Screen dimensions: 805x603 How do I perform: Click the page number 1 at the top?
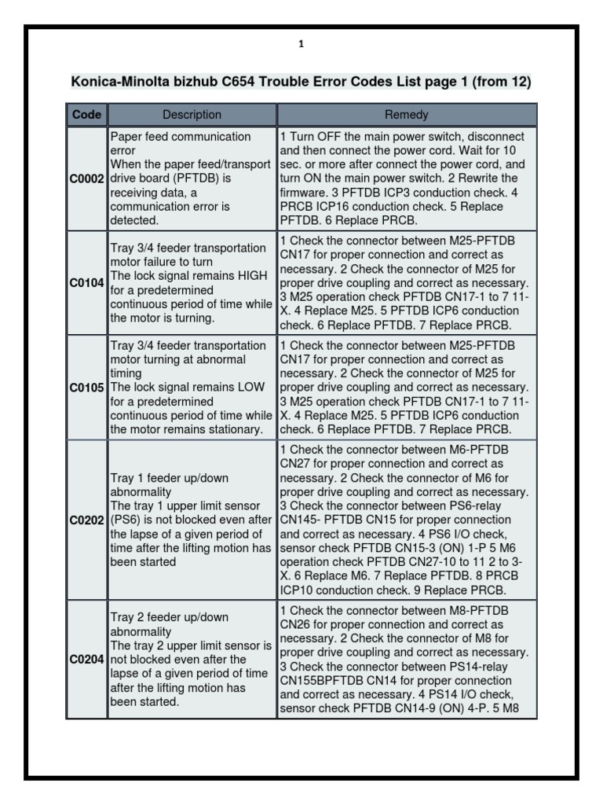point(301,45)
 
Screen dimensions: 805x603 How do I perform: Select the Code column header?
point(86,115)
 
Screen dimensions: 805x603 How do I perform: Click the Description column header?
point(192,115)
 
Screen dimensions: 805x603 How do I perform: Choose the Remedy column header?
point(406,115)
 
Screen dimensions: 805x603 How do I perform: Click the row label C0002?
point(86,178)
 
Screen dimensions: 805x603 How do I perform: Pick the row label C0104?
point(86,282)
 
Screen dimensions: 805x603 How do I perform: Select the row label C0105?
point(86,388)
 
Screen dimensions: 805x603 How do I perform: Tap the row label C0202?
point(86,520)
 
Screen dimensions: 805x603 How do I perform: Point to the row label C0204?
point(86,660)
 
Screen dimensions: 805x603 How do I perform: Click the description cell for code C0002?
point(192,178)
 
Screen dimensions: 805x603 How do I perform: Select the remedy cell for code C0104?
point(406,282)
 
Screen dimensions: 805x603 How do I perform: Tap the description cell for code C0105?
point(192,388)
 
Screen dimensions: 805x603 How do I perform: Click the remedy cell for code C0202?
point(406,520)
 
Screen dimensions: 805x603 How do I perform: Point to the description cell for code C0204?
point(192,660)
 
